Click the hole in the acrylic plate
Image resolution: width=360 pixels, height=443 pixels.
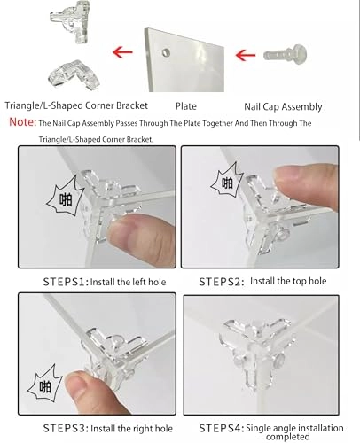pyautogui.click(x=166, y=52)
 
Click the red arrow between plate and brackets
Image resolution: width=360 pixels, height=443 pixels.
pyautogui.click(x=122, y=52)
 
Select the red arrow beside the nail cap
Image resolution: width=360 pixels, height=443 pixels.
pyautogui.click(x=246, y=55)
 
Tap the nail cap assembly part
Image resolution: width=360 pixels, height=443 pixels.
pyautogui.click(x=285, y=54)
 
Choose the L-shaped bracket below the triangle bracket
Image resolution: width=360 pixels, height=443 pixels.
pyautogui.click(x=74, y=75)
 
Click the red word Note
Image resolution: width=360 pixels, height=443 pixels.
pyautogui.click(x=22, y=122)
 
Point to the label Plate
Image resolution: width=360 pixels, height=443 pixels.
pyautogui.click(x=186, y=106)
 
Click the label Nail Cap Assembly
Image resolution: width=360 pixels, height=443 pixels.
pyautogui.click(x=283, y=107)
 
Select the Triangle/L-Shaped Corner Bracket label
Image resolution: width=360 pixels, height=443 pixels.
pyautogui.click(x=76, y=105)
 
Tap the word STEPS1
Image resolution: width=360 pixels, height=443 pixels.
pyautogui.click(x=66, y=282)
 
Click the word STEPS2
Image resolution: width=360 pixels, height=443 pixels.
pyautogui.click(x=222, y=282)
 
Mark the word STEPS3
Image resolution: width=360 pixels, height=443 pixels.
pyautogui.click(x=66, y=428)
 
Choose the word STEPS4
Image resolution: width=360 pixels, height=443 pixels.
pyautogui.click(x=222, y=428)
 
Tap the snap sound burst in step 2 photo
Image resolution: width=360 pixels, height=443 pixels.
pyautogui.click(x=227, y=181)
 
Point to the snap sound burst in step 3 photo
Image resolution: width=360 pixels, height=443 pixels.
pyautogui.click(x=45, y=384)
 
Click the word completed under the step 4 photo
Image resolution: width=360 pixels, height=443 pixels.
pyautogui.click(x=288, y=437)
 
